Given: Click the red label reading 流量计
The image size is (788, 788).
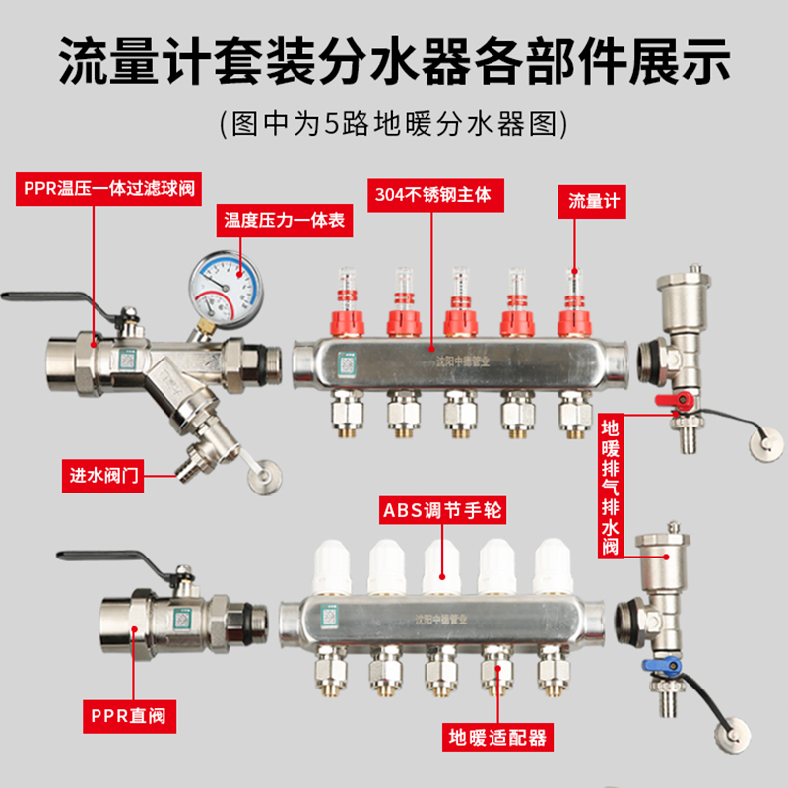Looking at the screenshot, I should (x=594, y=200).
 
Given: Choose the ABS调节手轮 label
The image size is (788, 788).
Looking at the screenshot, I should (x=433, y=512).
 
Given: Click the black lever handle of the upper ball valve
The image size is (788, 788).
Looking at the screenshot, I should (x=49, y=297).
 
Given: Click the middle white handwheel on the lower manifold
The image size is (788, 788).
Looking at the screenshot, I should (x=439, y=567).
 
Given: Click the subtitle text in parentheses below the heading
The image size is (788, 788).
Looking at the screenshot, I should (x=394, y=124).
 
